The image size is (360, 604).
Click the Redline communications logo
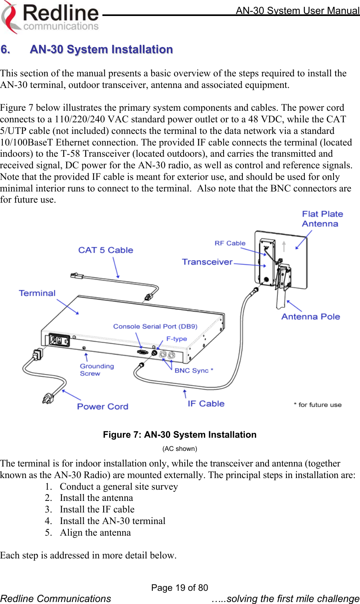click(x=50, y=17)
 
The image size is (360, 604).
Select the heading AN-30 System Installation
click(x=101, y=50)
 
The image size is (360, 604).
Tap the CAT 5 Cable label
click(x=106, y=250)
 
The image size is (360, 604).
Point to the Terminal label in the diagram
click(x=37, y=293)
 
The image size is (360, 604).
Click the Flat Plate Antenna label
click(x=322, y=219)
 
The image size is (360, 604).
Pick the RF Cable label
click(x=230, y=243)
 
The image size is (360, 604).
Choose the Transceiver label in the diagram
click(x=207, y=262)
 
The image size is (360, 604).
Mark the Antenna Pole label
click(x=310, y=317)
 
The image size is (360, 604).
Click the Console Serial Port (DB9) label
click(x=155, y=326)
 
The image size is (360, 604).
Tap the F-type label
click(x=176, y=339)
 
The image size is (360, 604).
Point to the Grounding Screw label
click(x=96, y=370)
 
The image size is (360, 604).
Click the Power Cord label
click(x=102, y=407)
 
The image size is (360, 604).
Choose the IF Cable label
click(x=206, y=404)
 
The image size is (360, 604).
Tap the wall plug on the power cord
click(x=48, y=398)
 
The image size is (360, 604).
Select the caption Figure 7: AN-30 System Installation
click(x=180, y=435)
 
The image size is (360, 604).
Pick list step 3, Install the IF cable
click(x=97, y=509)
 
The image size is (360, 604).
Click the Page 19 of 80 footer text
click(x=180, y=588)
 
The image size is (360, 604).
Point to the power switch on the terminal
click(x=59, y=341)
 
